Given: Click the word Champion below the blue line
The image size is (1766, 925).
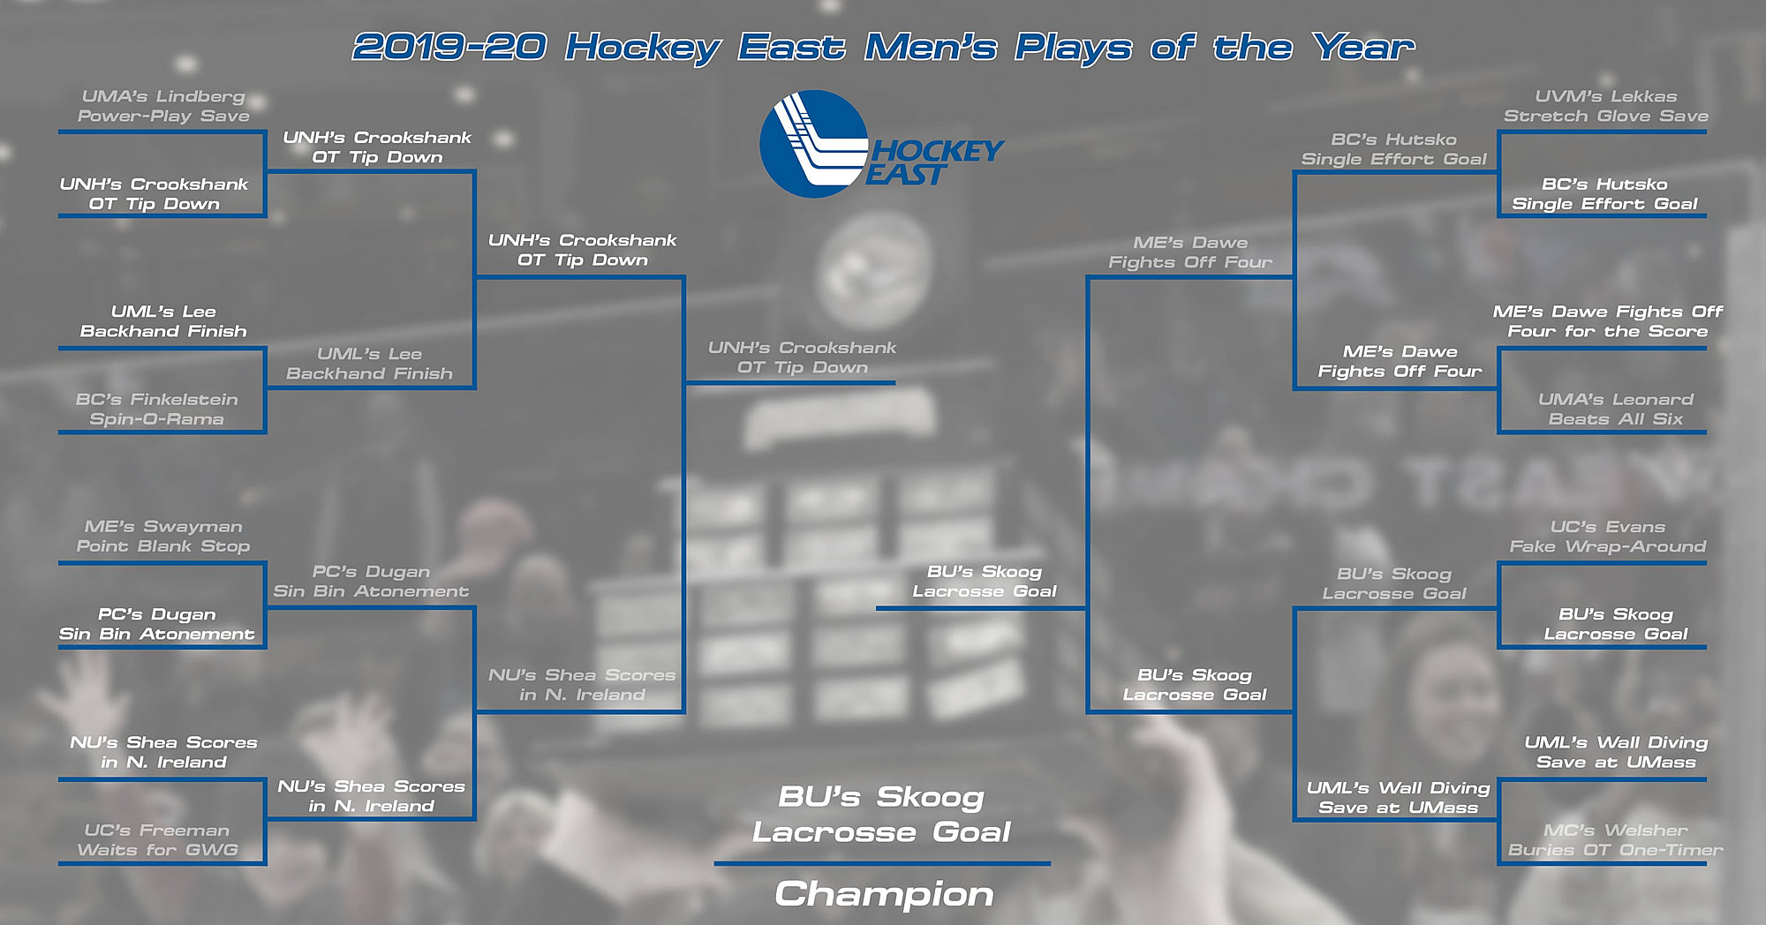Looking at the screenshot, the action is (x=884, y=894).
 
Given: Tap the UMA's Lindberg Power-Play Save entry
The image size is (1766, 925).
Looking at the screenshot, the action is (x=163, y=106).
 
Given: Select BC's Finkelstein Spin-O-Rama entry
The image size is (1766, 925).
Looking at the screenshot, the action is (x=157, y=410).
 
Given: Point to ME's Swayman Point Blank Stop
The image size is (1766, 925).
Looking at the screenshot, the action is (x=163, y=537).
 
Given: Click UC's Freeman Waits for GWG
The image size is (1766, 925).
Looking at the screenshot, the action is (x=157, y=840).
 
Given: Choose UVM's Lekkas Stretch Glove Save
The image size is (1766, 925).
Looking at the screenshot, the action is (x=1606, y=106).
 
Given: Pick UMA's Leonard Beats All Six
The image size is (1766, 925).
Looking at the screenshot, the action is (x=1616, y=410).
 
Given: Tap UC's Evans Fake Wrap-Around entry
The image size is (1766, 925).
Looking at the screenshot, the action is (x=1608, y=537).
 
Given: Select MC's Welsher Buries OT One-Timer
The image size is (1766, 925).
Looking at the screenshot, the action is (x=1616, y=840).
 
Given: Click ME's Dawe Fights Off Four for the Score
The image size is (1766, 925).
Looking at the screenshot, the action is (x=1608, y=321).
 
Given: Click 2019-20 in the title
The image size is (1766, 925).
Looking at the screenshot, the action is (x=449, y=47).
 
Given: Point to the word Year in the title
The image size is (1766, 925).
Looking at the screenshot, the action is (x=1363, y=47).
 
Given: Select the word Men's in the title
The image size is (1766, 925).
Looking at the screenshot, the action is (x=931, y=47).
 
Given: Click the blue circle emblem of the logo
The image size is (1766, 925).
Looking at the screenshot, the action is (x=813, y=144).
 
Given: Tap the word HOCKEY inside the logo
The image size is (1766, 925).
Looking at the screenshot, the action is (x=938, y=151).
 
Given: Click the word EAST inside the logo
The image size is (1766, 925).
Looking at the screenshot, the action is (x=906, y=175).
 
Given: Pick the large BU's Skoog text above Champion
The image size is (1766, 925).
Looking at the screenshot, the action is (x=881, y=797).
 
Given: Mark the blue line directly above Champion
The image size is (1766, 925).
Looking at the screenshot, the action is (x=882, y=863).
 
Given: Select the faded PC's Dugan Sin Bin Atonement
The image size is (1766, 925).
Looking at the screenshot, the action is (x=371, y=582).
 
